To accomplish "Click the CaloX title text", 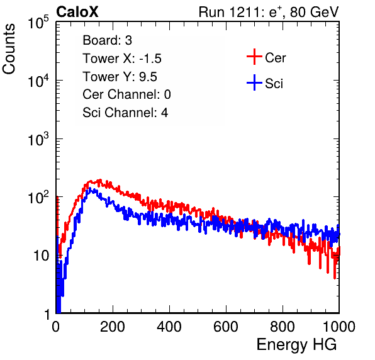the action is [x=77, y=12].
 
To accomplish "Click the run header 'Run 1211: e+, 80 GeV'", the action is [x=269, y=12].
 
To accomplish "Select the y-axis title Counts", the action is [x=9, y=49].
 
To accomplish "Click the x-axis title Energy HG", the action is [x=296, y=345].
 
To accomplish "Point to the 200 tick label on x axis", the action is [x=113, y=327].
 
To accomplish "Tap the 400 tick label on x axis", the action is [x=169, y=327].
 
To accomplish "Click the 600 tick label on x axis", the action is [x=226, y=327].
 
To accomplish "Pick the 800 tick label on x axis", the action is [x=283, y=327].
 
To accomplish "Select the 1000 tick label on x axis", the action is [x=339, y=327].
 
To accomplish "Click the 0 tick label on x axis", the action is [x=56, y=327].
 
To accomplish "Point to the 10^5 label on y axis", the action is [x=39, y=22].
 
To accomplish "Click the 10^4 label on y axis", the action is [x=39, y=81].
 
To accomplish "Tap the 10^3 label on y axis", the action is [x=39, y=138].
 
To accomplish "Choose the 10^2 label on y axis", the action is [x=39, y=197].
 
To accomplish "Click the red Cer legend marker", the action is [x=254, y=57].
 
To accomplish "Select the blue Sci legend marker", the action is [x=254, y=82].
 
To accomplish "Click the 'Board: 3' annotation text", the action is [x=107, y=40].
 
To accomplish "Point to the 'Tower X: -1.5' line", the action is [x=122, y=59].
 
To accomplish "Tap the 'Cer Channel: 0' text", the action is [x=126, y=94].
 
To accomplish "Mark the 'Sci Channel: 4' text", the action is [x=125, y=113].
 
